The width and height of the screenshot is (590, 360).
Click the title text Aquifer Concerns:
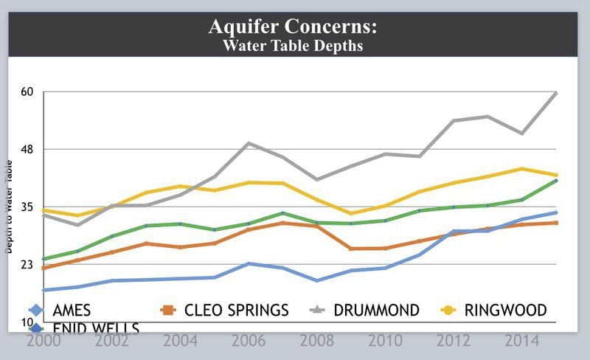coord(293,27)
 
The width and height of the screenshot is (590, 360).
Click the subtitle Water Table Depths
coord(293,46)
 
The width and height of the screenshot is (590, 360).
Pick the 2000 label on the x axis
coord(44,342)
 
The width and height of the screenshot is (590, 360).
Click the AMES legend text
coord(71,311)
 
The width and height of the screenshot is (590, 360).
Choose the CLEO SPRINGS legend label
coord(235,311)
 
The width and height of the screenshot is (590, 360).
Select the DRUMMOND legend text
coord(376,311)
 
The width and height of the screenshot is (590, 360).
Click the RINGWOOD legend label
coord(506,311)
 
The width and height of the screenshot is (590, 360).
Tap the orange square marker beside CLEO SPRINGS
coord(167,310)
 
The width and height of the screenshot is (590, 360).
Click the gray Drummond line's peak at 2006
coord(250,143)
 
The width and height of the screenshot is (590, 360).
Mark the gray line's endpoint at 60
coord(555,93)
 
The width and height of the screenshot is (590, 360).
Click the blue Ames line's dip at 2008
coord(316,280)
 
